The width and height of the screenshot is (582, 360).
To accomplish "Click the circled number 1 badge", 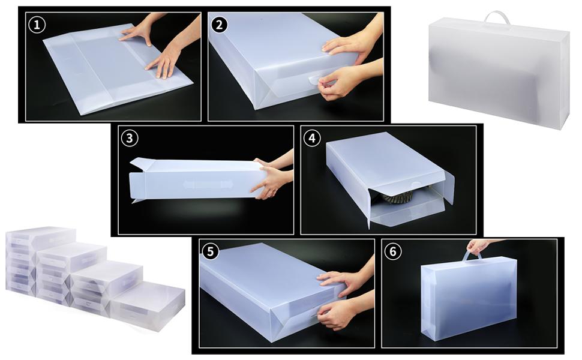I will click(x=37, y=25).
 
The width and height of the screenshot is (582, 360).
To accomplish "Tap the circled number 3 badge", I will click(x=129, y=138).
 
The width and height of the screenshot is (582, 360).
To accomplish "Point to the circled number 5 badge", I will click(x=209, y=251).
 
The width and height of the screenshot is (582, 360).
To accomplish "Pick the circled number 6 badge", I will click(x=392, y=251).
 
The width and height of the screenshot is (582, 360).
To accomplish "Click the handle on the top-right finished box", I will click(x=497, y=17).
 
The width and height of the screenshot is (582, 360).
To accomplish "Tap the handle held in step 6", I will click(x=472, y=256).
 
